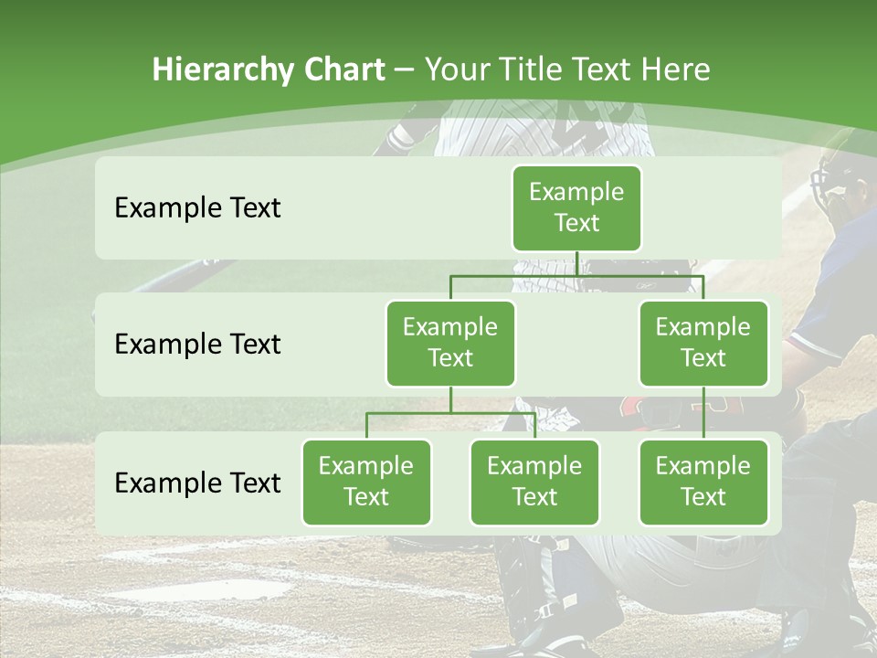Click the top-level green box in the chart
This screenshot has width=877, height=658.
pyautogui.click(x=576, y=207)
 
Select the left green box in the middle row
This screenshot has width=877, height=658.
pyautogui.click(x=450, y=343)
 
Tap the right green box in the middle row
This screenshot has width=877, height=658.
pyautogui.click(x=703, y=343)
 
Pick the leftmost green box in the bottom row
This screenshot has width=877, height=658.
pyautogui.click(x=366, y=482)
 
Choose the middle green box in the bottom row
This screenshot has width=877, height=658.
pyautogui.click(x=534, y=482)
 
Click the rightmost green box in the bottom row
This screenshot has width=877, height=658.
pyautogui.click(x=703, y=482)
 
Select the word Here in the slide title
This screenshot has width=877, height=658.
pyautogui.click(x=677, y=69)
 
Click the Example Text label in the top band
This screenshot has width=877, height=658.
pyautogui.click(x=197, y=207)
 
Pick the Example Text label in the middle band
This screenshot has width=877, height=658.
pyautogui.click(x=197, y=344)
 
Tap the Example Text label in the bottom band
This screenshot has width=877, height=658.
pyautogui.click(x=197, y=483)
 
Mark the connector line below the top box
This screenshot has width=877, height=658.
pyautogui.click(x=576, y=264)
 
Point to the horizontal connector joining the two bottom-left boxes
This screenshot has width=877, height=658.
pyautogui.click(x=450, y=413)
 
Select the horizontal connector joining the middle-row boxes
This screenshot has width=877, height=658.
pyautogui.click(x=576, y=276)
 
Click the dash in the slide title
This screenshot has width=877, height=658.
pyautogui.click(x=405, y=70)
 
